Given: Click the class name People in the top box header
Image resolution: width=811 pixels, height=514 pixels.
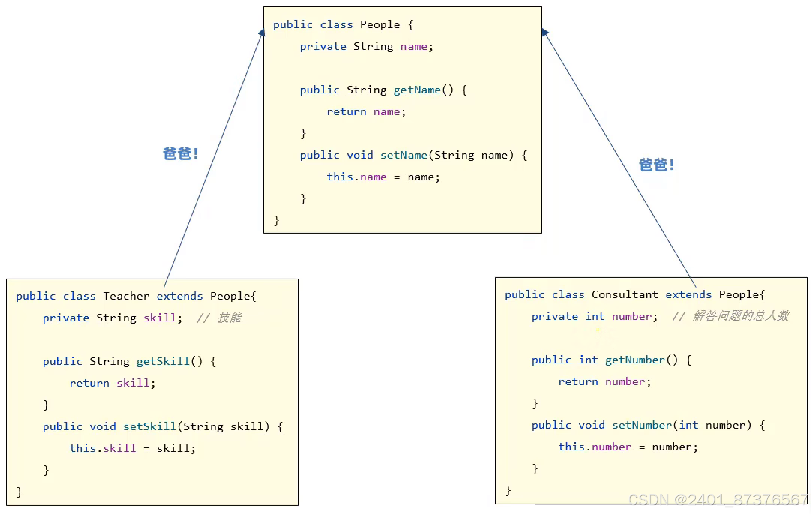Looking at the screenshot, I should tap(380, 25).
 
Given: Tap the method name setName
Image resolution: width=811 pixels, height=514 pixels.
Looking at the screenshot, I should tap(403, 155).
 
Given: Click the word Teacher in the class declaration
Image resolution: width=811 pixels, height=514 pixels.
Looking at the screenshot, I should tap(126, 296).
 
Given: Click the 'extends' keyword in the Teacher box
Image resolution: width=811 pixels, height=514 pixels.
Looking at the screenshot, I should tap(179, 296).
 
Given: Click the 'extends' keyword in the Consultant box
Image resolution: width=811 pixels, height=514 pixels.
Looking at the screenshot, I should tap(688, 295).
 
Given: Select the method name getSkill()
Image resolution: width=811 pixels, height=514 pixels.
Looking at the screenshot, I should tap(169, 361).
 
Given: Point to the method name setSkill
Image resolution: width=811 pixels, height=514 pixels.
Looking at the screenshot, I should tap(149, 427).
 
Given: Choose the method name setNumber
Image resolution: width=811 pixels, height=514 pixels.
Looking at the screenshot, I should tap(642, 425).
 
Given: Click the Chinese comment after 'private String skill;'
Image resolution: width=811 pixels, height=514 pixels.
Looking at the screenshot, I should tap(219, 318).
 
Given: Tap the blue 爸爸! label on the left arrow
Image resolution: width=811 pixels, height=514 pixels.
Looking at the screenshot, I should tap(180, 154).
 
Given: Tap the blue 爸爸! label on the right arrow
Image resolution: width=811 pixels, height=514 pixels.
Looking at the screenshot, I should tap(656, 165).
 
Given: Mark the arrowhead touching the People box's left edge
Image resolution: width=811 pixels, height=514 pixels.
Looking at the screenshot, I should tap(261, 33).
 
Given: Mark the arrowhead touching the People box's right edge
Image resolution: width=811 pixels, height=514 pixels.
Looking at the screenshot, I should tap(545, 33).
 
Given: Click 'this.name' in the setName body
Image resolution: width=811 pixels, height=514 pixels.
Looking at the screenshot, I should tap(356, 177).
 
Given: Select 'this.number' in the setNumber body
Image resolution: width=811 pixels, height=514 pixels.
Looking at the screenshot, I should tap(594, 447).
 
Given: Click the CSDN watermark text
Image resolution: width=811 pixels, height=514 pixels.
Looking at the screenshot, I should tap(718, 500).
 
